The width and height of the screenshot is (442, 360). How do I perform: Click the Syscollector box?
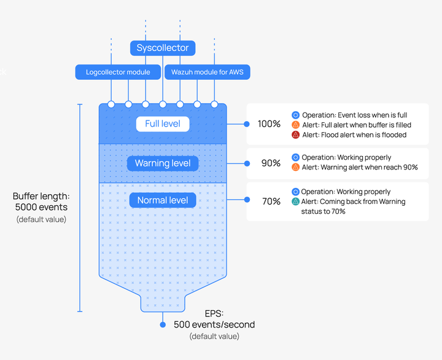click(163, 48)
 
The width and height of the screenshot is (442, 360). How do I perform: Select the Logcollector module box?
click(118, 72)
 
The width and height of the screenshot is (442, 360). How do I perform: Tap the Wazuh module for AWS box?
click(207, 72)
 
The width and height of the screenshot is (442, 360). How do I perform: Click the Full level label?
click(163, 124)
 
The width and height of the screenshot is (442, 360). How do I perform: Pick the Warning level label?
click(163, 163)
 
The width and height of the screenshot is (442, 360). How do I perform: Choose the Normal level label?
click(163, 200)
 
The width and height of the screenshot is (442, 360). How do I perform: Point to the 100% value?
click(269, 124)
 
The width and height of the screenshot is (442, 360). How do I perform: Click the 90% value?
click(271, 163)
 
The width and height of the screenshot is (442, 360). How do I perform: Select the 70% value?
click(271, 201)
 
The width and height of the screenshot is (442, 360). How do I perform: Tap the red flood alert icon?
click(296, 135)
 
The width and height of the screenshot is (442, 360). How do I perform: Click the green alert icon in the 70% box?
click(296, 202)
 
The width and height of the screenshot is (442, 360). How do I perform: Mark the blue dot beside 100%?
click(247, 124)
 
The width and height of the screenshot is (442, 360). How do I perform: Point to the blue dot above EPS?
click(163, 324)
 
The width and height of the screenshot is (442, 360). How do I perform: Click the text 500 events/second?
click(214, 324)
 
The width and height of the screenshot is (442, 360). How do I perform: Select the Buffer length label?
click(42, 197)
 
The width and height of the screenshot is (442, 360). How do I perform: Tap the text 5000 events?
click(42, 208)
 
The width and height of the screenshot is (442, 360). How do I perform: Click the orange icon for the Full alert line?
click(296, 125)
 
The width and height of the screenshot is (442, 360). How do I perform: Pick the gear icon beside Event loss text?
click(296, 115)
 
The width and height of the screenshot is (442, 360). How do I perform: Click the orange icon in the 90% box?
click(296, 167)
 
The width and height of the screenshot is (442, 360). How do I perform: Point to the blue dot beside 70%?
click(247, 200)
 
